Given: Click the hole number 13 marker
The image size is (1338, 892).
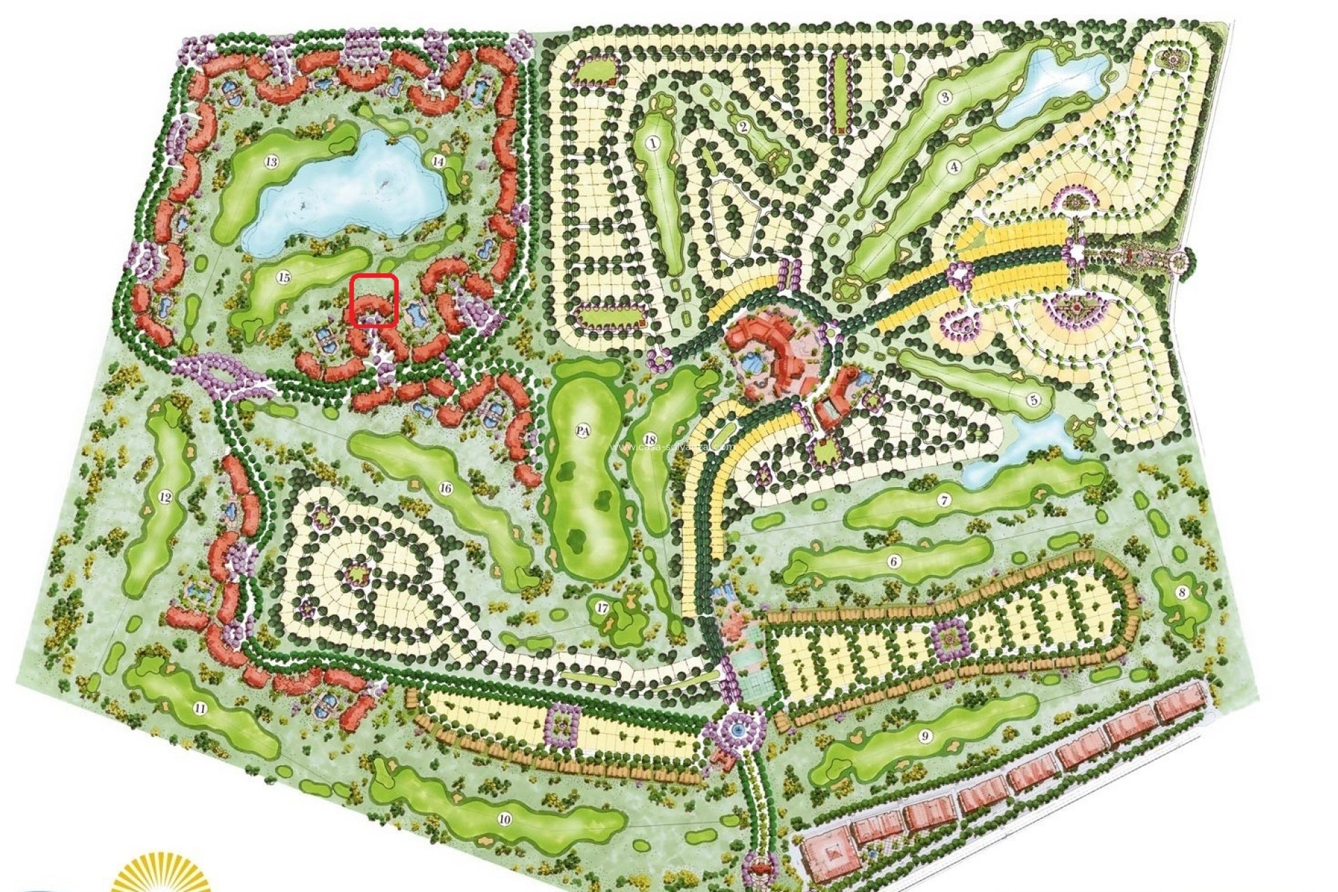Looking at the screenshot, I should tap(271, 162).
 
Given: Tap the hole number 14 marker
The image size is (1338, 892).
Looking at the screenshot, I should tap(438, 161).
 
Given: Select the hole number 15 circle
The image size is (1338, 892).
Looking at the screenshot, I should tap(283, 277).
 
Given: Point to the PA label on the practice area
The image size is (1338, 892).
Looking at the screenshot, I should tap(583, 431).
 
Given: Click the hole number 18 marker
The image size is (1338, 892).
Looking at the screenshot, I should tap(649, 440).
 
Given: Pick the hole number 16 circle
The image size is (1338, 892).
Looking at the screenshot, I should tap(445, 488).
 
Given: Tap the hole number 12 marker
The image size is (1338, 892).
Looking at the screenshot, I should tap(165, 498).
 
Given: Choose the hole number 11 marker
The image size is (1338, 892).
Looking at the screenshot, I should tap(200, 709).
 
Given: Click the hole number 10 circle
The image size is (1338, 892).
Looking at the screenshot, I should tap(505, 819).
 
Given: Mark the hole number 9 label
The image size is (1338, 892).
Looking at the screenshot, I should tap(925, 736).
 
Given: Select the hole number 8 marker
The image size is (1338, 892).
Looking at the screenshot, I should tap(1181, 593).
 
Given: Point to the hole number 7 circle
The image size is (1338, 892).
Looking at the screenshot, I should tap(944, 501).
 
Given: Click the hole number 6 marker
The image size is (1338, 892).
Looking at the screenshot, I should tap(894, 561).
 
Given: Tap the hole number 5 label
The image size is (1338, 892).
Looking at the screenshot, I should tap(1033, 400).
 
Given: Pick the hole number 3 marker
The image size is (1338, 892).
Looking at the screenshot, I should tap(945, 97).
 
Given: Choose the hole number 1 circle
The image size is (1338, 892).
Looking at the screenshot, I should tap(653, 144).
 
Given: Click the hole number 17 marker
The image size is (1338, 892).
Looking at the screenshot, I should tap(603, 608).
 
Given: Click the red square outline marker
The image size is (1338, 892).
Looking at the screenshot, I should tap(374, 301).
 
